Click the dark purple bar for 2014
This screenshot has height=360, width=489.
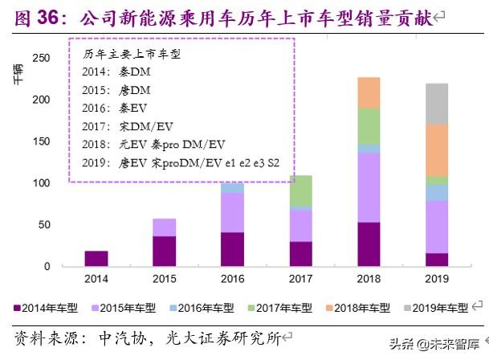96,258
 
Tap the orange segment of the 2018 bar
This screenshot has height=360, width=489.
369,92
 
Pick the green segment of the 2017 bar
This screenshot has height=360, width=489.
300,190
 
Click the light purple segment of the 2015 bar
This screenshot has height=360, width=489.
165,227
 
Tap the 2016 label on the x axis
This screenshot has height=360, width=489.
232,278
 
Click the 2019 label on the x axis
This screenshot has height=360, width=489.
437,278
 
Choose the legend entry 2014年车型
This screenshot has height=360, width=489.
48,307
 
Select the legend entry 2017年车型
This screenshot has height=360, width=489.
280,307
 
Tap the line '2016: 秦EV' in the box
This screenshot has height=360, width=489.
117,107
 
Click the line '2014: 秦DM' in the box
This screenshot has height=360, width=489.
117,72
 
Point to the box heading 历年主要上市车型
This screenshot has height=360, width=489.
132,54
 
